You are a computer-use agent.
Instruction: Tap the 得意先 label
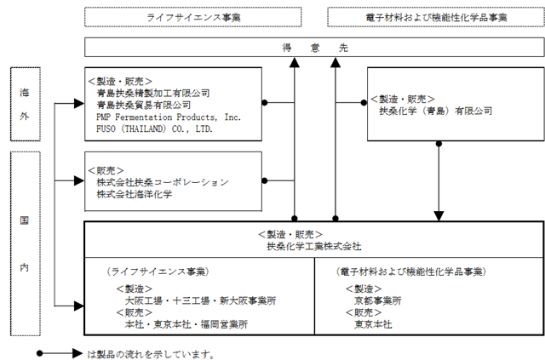(315, 48)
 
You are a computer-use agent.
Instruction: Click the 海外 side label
(25, 104)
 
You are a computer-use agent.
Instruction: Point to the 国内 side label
(25, 243)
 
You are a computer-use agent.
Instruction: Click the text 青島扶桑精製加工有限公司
(153, 93)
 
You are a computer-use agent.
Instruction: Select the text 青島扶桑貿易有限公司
(144, 105)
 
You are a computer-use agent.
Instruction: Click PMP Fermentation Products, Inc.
(169, 117)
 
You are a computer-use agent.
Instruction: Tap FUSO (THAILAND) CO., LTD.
(154, 129)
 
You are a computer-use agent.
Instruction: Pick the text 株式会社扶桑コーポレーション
(163, 182)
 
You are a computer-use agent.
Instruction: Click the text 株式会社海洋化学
(135, 194)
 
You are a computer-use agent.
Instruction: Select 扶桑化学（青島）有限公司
(436, 111)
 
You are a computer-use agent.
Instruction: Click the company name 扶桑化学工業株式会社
(314, 246)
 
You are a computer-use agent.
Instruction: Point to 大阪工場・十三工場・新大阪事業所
(201, 300)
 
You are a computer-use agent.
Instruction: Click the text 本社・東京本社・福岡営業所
(186, 324)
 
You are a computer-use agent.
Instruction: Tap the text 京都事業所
(378, 300)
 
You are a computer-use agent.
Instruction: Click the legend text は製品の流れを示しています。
(151, 354)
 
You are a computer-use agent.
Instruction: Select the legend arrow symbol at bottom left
(60, 353)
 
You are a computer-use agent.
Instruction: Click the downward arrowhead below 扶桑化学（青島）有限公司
(439, 216)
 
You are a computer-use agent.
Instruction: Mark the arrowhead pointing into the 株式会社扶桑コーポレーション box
(79, 180)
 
